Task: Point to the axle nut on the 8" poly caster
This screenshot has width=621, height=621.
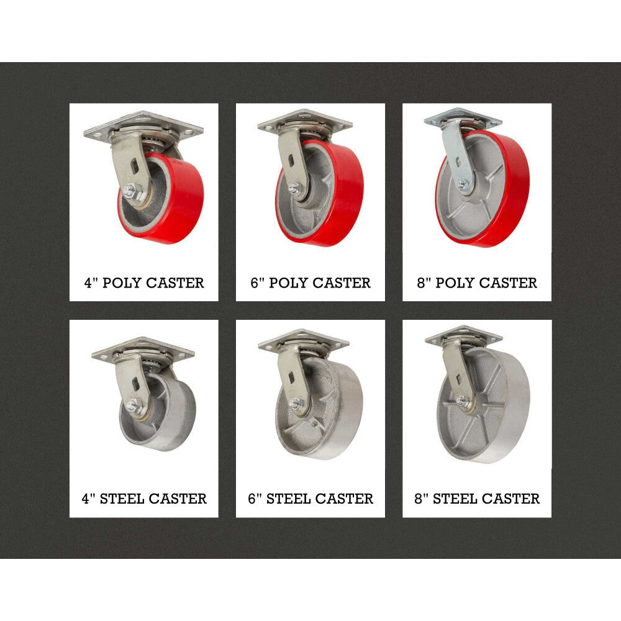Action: tap(462, 184)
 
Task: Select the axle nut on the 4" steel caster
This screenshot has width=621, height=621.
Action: tap(133, 405)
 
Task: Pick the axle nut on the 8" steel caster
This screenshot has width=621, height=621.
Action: tap(461, 401)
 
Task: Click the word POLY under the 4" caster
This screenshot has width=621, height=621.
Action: tap(122, 283)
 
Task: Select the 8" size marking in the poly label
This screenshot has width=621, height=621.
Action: tap(424, 282)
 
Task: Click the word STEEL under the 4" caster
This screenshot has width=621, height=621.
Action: tap(122, 499)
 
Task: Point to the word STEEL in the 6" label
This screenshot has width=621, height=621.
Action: tap(288, 499)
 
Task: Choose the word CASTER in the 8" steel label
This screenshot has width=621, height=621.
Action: tap(510, 499)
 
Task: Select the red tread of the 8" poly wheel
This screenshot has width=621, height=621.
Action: tap(511, 190)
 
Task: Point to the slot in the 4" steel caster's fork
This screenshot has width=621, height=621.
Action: tap(136, 383)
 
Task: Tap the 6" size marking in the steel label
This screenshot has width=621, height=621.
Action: tap(254, 498)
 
